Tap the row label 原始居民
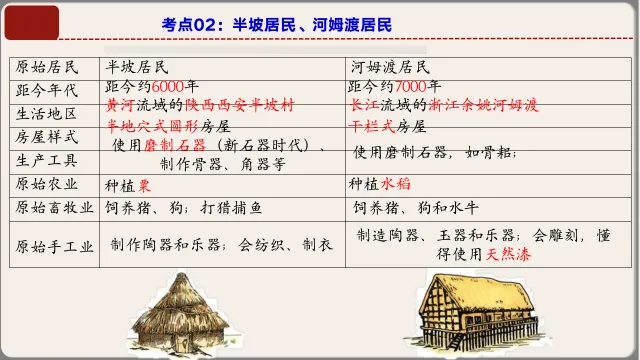(x=44, y=68)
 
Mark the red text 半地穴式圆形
(x=150, y=126)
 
